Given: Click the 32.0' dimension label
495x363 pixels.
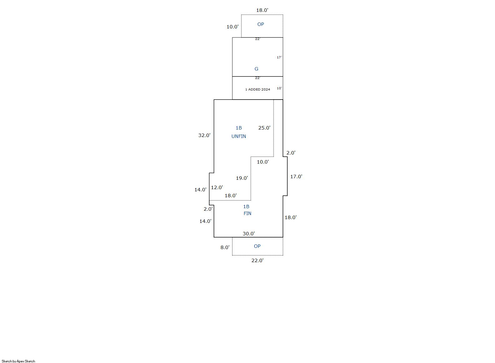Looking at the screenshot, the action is [x=204, y=135].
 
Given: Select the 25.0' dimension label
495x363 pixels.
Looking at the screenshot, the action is [x=264, y=128].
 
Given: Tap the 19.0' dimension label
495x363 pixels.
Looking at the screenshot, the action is [x=242, y=178].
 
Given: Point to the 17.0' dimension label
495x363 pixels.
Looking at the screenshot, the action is [x=296, y=176].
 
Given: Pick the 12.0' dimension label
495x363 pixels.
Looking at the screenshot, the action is [x=217, y=188].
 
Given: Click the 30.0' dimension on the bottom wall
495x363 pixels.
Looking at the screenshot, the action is [x=249, y=233].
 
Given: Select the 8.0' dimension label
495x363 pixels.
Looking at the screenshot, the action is [x=225, y=248].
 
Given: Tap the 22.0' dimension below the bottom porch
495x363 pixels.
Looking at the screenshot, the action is [x=257, y=261].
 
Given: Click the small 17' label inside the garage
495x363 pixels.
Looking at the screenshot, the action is [x=279, y=57].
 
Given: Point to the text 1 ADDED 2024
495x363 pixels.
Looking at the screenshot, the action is [x=258, y=90].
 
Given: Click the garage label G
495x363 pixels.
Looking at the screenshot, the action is [x=256, y=69].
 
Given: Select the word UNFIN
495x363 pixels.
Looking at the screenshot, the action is [x=239, y=136].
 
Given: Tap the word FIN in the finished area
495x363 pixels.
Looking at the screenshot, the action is [x=247, y=213].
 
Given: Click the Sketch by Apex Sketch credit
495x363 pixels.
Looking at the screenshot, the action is [x=18, y=361].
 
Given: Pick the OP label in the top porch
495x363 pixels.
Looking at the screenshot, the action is [x=260, y=24].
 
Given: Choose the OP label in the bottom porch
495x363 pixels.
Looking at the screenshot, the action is [x=257, y=246].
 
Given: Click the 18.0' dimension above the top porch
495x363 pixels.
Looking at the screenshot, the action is [x=262, y=10].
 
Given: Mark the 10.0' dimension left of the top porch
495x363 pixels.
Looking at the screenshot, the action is [x=232, y=27].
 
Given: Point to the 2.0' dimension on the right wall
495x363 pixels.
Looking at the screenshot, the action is [x=291, y=153].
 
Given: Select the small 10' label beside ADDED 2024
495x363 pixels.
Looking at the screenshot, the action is [x=279, y=88].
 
